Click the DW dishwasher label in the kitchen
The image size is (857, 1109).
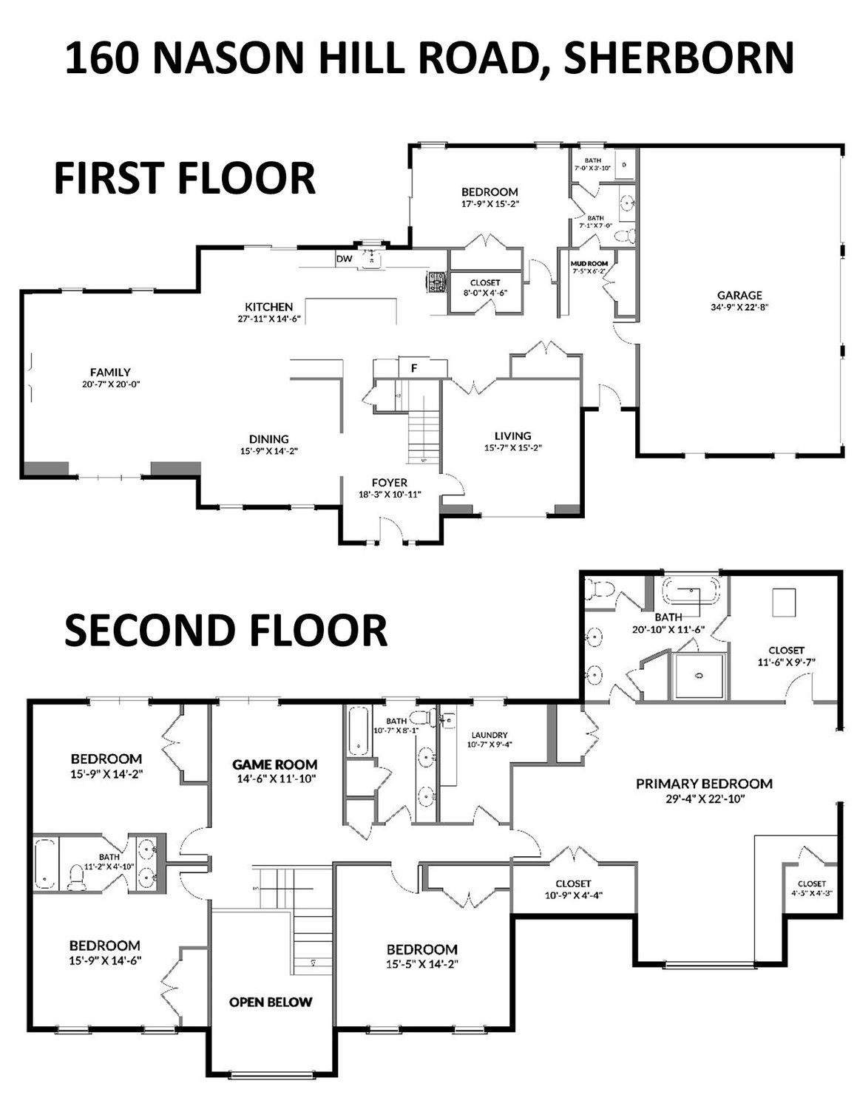(x=344, y=259)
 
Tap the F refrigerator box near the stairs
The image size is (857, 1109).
(x=415, y=368)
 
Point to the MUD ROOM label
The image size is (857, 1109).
(x=589, y=264)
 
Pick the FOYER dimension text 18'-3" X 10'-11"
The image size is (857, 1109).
(x=390, y=494)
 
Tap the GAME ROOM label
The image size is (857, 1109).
(x=274, y=764)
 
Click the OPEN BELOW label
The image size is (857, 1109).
(x=271, y=1002)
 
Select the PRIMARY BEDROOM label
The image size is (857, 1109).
(x=704, y=784)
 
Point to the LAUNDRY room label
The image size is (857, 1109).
(x=489, y=735)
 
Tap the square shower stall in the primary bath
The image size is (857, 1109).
(x=699, y=676)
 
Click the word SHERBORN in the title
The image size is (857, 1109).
(x=680, y=58)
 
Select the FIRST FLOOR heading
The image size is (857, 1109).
(x=185, y=177)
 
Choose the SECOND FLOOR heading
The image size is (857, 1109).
(x=226, y=630)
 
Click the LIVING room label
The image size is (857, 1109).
(x=512, y=436)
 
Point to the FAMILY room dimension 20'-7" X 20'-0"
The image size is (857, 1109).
(x=111, y=384)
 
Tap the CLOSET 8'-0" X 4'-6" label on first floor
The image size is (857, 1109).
(x=485, y=288)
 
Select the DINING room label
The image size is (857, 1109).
(x=269, y=439)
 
